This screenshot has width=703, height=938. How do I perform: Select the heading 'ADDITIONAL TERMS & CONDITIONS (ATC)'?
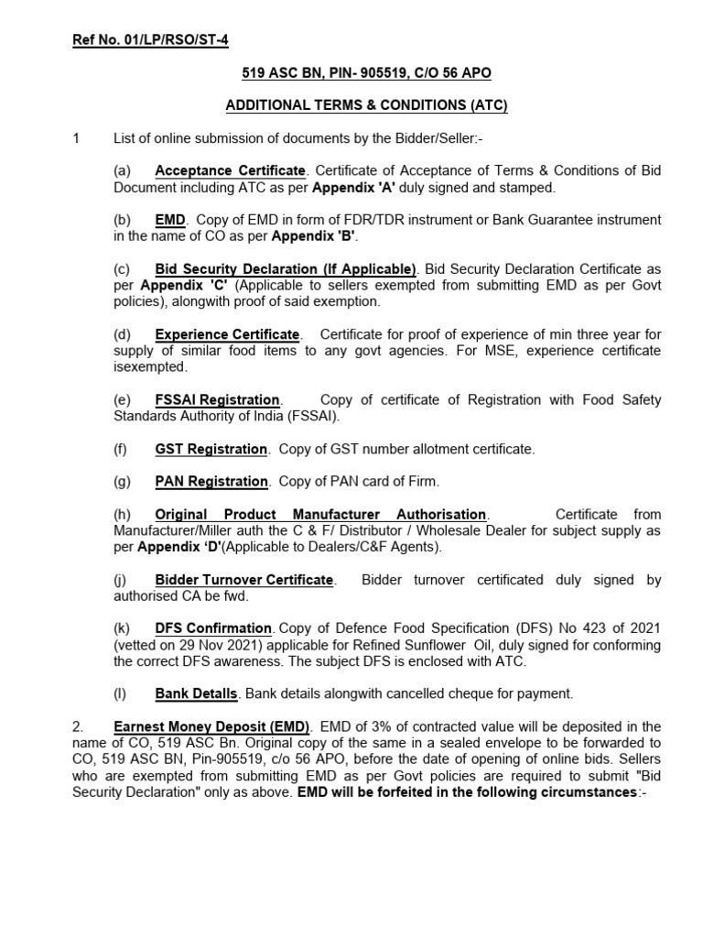(x=366, y=105)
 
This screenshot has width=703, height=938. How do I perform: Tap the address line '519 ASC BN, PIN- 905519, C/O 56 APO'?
(x=366, y=72)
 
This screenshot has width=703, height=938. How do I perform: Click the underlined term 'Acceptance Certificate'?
(x=230, y=171)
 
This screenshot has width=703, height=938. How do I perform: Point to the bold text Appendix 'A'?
(x=347, y=187)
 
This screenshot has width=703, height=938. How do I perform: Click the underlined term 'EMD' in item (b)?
(x=170, y=220)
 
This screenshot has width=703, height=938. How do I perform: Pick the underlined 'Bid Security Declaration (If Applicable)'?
(x=286, y=269)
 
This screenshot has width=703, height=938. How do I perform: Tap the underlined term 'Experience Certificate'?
(x=227, y=334)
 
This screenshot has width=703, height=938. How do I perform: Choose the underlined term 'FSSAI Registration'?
(x=218, y=399)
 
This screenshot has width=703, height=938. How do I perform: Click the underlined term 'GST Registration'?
(x=211, y=449)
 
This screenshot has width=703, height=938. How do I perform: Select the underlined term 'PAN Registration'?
(x=211, y=481)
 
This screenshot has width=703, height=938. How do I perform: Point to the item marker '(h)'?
(x=122, y=514)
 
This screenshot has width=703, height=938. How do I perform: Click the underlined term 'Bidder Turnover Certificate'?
(x=244, y=580)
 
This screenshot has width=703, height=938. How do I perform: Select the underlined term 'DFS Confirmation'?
(x=213, y=628)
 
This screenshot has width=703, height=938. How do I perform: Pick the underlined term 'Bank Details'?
(x=195, y=693)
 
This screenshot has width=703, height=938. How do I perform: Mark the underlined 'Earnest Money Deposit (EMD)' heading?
(x=212, y=726)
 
